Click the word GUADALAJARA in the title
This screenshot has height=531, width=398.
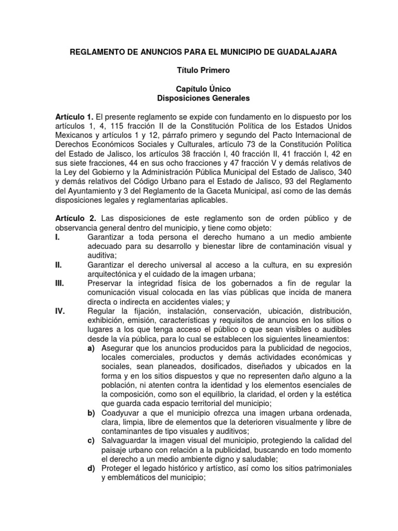(x=309, y=53)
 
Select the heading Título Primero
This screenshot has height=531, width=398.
(x=198, y=69)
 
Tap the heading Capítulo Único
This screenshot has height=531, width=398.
(x=198, y=89)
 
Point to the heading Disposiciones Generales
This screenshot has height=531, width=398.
(x=198, y=97)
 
